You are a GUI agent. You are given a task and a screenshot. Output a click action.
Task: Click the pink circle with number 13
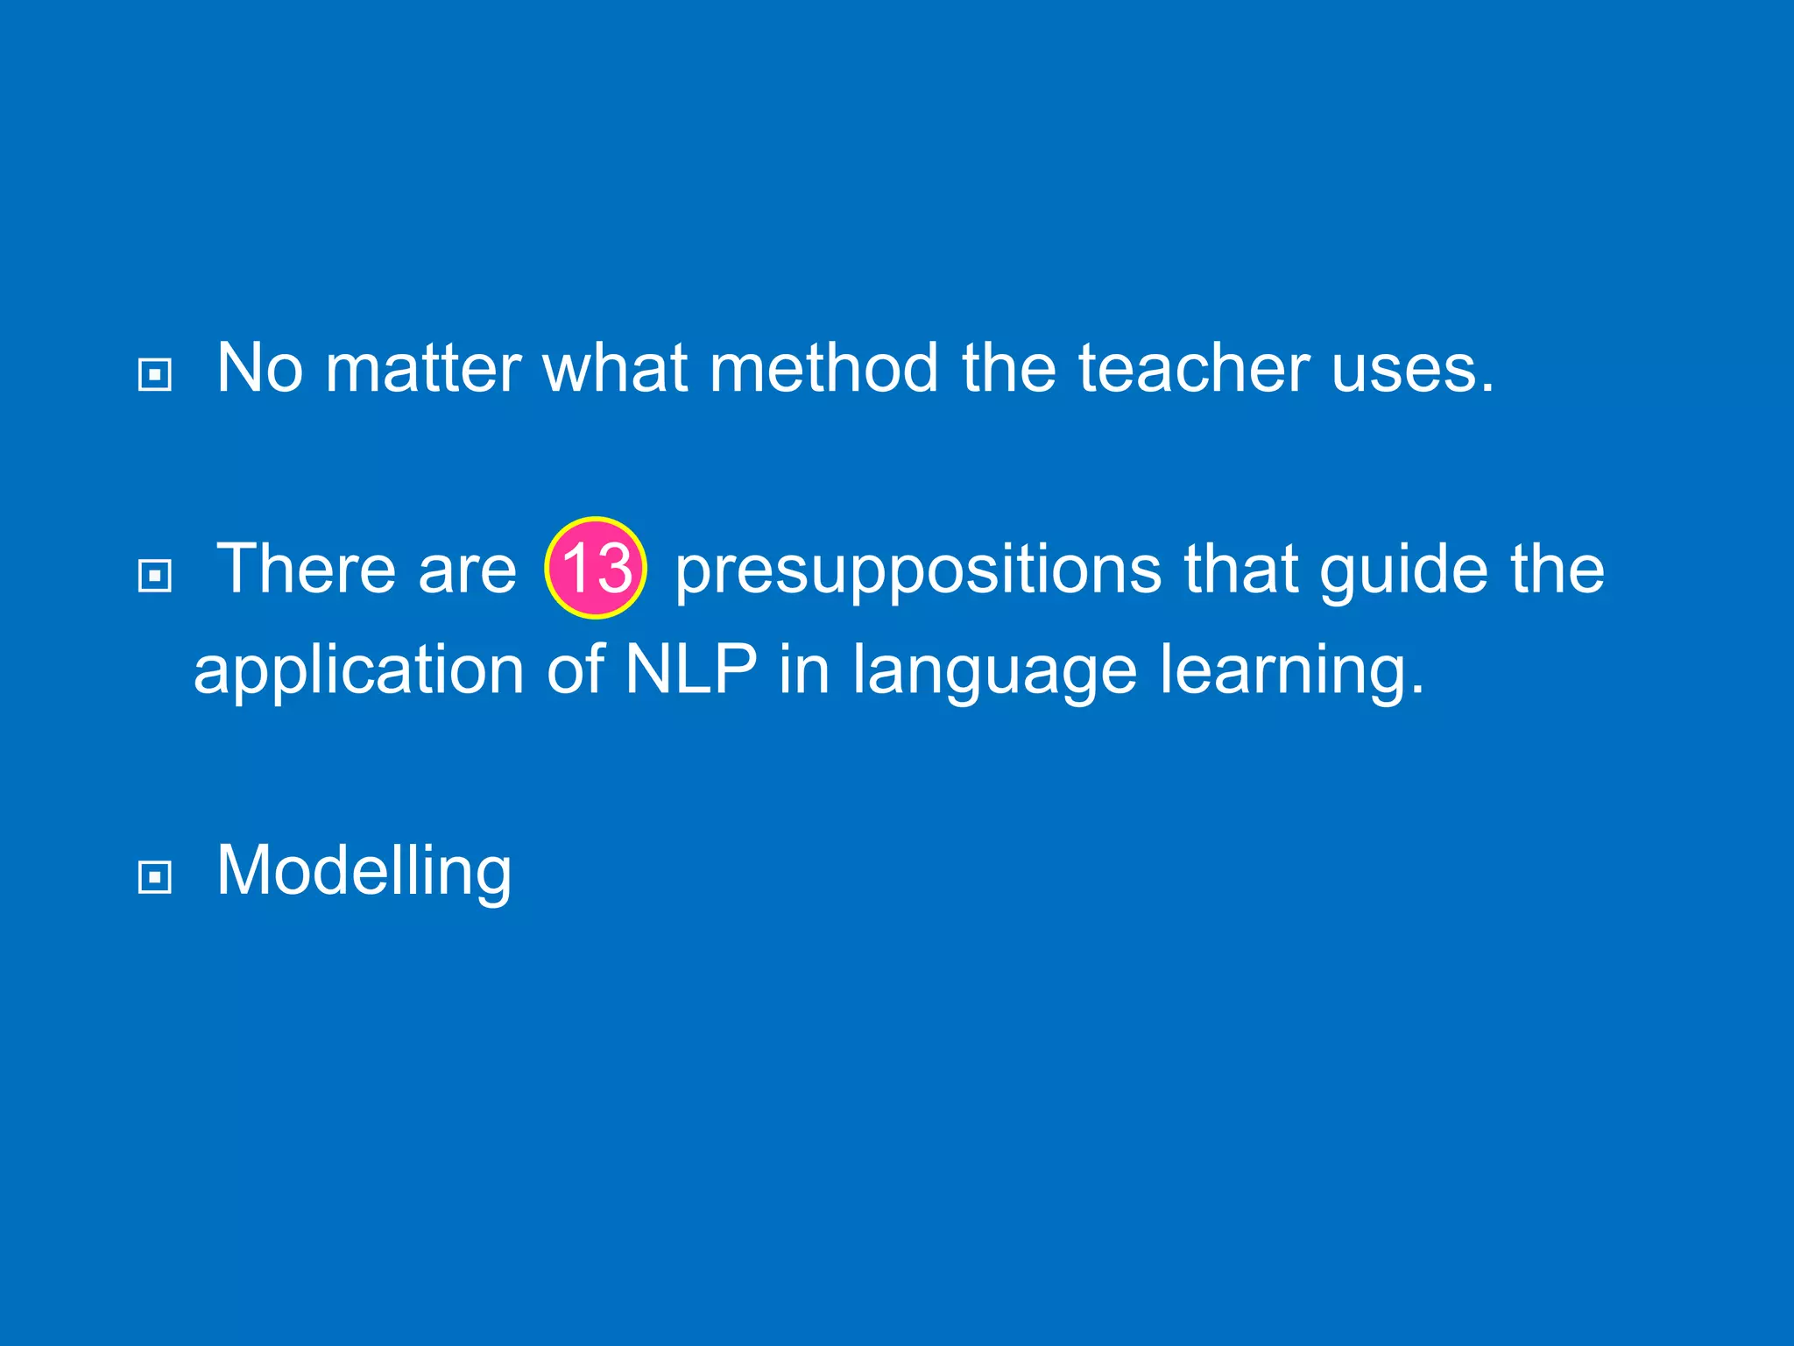[596, 568]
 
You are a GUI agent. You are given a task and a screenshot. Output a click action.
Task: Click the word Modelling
[364, 871]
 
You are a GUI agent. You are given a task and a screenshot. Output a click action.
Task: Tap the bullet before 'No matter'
[155, 375]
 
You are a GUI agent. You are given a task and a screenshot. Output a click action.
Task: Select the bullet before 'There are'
[155, 576]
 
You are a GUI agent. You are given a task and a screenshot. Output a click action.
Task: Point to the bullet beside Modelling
[155, 876]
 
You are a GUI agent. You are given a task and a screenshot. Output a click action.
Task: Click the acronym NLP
[690, 669]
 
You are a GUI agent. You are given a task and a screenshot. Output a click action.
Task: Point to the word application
[358, 671]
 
